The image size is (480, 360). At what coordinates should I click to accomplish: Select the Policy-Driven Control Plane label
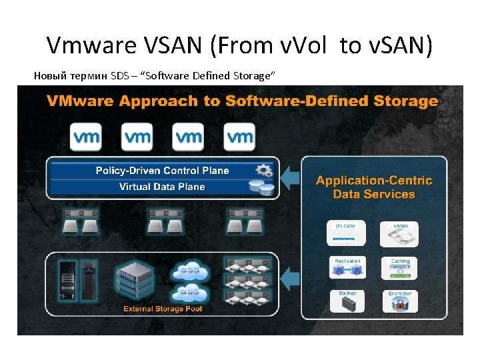click(x=162, y=171)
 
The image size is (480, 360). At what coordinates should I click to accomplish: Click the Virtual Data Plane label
click(x=162, y=187)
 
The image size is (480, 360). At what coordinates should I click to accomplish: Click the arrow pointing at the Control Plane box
click(x=289, y=178)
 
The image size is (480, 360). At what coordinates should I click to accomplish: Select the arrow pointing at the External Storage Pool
click(x=289, y=275)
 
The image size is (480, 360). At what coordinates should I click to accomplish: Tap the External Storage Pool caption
click(x=163, y=309)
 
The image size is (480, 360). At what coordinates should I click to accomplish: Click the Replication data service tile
click(x=347, y=268)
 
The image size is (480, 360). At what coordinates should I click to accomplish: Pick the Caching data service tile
click(x=400, y=268)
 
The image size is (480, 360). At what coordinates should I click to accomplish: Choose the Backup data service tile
click(x=347, y=301)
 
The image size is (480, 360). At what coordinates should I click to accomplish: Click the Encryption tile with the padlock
click(x=400, y=301)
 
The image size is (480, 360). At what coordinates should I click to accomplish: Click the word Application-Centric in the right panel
click(x=374, y=181)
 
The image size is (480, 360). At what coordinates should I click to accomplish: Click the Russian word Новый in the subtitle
click(x=51, y=75)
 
